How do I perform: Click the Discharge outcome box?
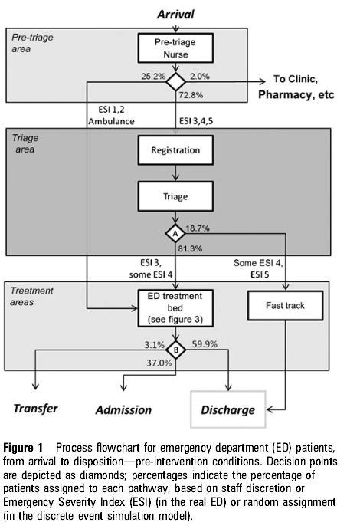227,409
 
